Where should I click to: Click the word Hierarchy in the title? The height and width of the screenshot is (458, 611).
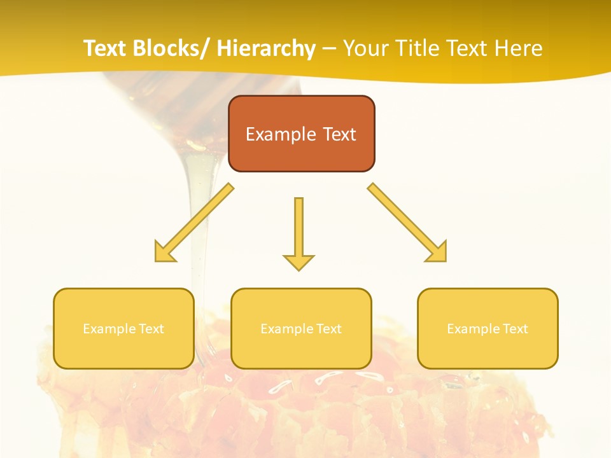266,48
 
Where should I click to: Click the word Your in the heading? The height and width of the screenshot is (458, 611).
365,48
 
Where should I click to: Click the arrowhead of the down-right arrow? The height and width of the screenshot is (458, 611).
438,253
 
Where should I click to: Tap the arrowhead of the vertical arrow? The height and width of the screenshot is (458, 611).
298,261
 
